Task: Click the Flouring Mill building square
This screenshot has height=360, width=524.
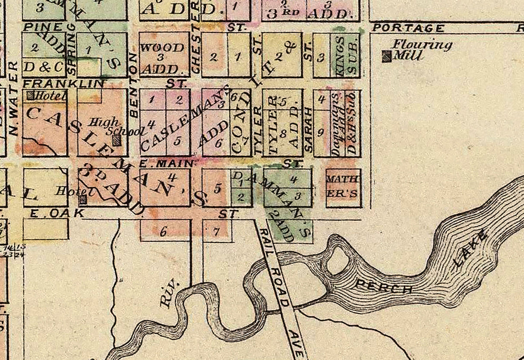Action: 387,57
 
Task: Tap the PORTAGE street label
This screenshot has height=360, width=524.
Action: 408,28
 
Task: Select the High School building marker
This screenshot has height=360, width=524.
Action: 116,140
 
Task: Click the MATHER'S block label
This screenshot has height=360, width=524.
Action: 342,186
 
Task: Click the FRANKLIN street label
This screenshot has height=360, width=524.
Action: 63,83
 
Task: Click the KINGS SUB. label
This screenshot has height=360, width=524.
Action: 345,56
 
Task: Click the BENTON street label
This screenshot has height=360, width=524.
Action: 133,86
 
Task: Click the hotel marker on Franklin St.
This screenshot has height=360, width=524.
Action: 31,95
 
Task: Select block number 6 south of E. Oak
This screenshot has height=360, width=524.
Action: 164,232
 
